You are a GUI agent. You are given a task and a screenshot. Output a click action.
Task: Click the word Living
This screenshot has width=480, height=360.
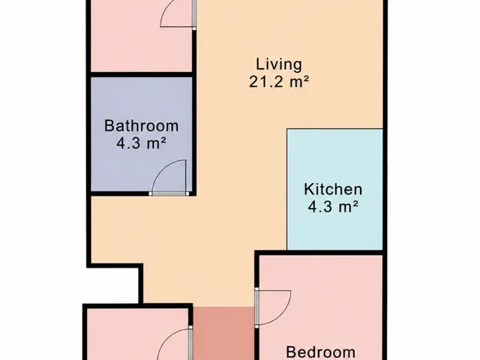tap(279, 65)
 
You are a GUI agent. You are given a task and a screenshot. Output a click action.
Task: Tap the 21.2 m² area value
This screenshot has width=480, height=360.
tap(278, 82)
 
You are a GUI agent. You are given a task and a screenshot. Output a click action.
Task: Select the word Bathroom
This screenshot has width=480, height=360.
tap(142, 126)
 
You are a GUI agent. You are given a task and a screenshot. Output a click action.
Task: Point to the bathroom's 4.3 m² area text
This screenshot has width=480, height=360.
tap(142, 143)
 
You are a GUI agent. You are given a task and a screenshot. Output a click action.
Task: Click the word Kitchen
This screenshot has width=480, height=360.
tap(333, 189)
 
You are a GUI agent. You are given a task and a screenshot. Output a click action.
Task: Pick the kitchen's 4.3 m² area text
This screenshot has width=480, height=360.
tap(333, 207)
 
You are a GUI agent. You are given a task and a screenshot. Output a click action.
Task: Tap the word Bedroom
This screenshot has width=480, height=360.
tap(321, 352)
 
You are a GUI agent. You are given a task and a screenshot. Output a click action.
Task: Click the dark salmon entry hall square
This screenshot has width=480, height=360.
tap(224, 334)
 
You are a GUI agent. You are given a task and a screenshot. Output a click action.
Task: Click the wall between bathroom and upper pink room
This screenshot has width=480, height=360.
tap(142, 75)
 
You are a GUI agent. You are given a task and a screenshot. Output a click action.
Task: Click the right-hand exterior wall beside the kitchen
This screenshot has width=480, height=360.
tap(385, 189)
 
